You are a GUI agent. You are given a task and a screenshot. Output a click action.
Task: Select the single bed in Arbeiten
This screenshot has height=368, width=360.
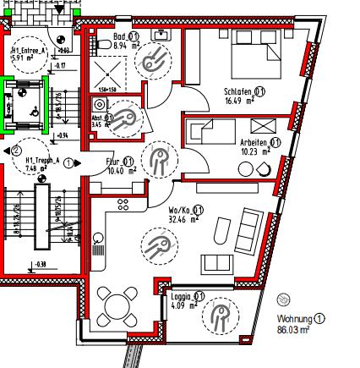212,132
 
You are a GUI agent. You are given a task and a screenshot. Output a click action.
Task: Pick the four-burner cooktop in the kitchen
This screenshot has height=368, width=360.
123,204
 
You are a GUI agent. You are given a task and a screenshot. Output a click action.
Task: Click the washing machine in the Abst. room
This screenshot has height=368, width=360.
100,106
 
